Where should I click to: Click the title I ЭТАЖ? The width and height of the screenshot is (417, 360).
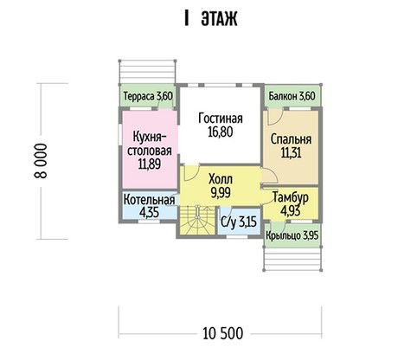tap(211, 19)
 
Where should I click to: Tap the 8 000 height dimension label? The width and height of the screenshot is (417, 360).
tap(41, 161)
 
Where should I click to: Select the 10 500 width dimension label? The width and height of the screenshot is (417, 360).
tap(222, 333)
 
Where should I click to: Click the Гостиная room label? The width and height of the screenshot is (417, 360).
tap(221, 119)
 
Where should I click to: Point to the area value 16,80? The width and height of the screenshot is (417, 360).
tap(221, 132)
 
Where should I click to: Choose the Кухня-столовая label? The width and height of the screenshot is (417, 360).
tap(150, 144)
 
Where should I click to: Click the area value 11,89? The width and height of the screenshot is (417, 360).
tap(150, 164)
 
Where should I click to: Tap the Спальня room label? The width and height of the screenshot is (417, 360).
tap(291, 139)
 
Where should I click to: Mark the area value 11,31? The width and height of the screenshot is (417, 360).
tap(291, 152)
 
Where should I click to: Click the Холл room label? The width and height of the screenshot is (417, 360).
tap(221, 179)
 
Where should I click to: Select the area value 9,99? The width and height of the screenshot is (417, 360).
tap(221, 192)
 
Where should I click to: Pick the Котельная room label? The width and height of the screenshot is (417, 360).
tap(149, 200)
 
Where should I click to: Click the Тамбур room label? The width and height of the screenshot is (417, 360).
tap(291, 197)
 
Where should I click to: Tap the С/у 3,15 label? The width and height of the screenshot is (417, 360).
tap(239, 222)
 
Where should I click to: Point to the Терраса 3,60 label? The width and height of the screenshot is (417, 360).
tap(148, 96)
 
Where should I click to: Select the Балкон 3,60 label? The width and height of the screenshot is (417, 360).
tap(292, 96)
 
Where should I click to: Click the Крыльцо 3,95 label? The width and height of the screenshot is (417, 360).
tap(292, 235)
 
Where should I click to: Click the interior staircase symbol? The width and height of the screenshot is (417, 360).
tap(197, 220)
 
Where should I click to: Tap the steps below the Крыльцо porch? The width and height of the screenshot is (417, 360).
tap(293, 259)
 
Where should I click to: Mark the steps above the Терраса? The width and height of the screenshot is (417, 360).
tap(147, 72)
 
